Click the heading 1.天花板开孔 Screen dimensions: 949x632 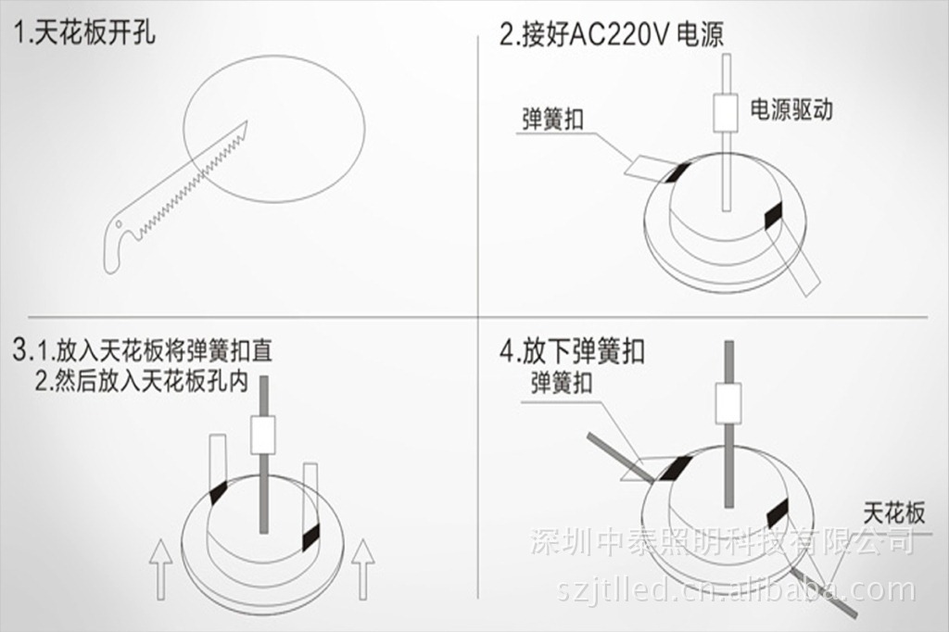coord(83,32)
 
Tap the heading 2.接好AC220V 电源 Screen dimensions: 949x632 coord(612,34)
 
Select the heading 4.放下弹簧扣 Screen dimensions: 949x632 coord(572,351)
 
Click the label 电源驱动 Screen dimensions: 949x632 coord(791,109)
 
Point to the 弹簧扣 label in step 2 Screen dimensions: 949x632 coord(552,119)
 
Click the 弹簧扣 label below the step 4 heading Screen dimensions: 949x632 coord(561,383)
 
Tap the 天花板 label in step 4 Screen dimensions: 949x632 coord(894,514)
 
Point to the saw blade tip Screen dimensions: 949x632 coord(247,121)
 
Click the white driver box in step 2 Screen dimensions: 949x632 coord(726,113)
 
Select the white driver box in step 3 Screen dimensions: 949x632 coord(263,435)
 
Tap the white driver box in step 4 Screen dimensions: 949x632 coord(728,403)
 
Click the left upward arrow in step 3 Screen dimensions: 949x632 coord(160,569)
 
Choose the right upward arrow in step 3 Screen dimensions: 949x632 coord(363,569)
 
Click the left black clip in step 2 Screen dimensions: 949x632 coord(676,173)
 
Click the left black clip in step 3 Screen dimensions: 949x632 coord(217,493)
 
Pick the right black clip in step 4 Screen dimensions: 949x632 coord(778,514)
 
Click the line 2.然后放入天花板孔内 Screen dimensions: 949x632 coord(141,382)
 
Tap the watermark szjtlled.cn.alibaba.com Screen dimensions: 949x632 coord(736,589)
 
